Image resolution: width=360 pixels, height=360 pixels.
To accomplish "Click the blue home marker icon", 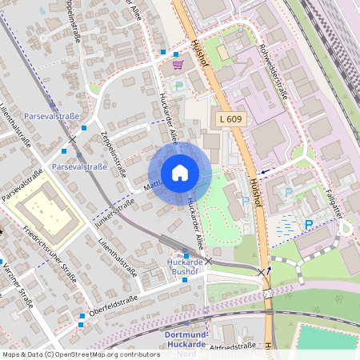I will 179,173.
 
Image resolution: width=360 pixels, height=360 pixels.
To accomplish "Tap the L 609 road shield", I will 230,119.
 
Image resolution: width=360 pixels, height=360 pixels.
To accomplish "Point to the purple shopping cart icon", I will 177,64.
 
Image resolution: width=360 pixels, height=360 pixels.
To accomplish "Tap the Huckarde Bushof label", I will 186,266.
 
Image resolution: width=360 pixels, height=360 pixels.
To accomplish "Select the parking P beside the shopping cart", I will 179,84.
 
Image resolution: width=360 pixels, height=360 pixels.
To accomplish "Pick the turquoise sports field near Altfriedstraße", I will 328,337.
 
